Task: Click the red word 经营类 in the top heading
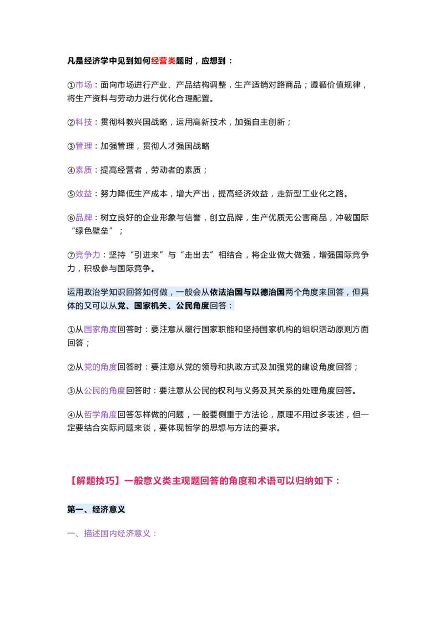click(x=163, y=61)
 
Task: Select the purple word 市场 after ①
click(x=84, y=85)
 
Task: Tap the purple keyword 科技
click(x=84, y=122)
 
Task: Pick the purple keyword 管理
click(x=84, y=146)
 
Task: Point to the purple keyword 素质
click(x=84, y=170)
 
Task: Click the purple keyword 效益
click(x=84, y=194)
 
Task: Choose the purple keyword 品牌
click(x=84, y=218)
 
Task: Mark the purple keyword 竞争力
click(x=88, y=255)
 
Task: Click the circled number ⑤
click(x=71, y=194)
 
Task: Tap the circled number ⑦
click(x=71, y=256)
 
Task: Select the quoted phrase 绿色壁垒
click(x=92, y=231)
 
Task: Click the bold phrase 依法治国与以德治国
click(x=247, y=292)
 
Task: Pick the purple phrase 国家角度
click(x=100, y=330)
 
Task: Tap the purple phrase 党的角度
click(x=100, y=367)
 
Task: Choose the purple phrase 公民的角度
click(x=104, y=391)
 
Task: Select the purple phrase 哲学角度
click(x=100, y=414)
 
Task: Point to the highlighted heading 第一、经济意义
click(x=96, y=509)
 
